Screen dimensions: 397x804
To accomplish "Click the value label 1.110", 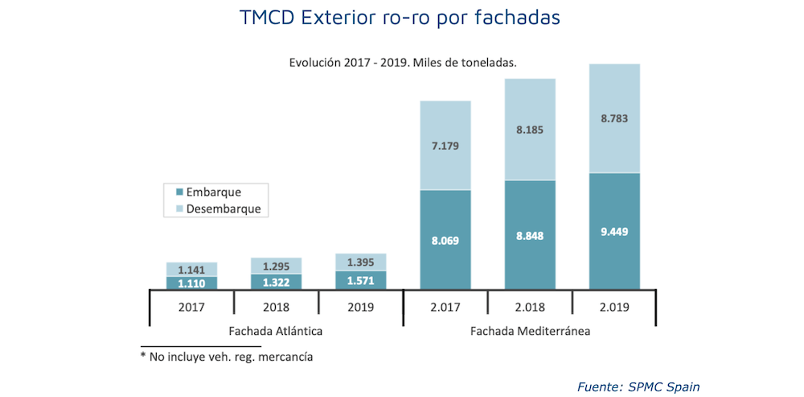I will tap(192, 283).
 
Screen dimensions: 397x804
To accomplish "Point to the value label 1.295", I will tap(277, 266).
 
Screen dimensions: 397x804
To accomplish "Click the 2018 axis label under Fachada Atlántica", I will tap(277, 307).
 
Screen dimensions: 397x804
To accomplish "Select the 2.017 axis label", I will tap(445, 307).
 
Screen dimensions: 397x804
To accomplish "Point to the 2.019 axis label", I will tap(614, 307).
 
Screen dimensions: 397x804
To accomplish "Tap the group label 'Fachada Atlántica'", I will tap(277, 331).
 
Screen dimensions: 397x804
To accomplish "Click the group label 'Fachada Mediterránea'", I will tap(530, 331).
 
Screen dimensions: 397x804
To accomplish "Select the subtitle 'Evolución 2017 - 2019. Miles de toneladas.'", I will tap(402, 62).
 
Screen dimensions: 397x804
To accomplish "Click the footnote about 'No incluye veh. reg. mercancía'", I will tap(226, 355).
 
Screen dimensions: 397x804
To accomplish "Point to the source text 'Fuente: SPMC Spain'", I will tap(638, 387).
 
